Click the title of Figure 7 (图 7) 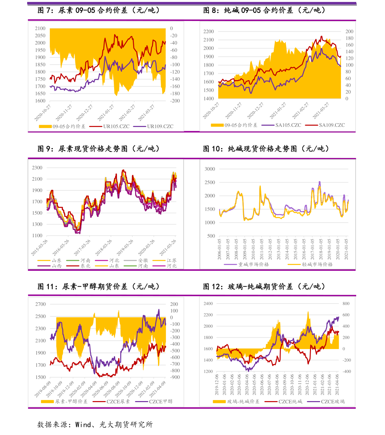(99, 10)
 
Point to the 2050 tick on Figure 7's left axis (40, 36)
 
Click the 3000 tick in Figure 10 (210, 169)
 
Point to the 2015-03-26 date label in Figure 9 (40, 248)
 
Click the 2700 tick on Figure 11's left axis (40, 304)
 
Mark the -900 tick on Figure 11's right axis (175, 377)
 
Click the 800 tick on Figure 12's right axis (346, 303)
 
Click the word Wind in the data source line (83, 425)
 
